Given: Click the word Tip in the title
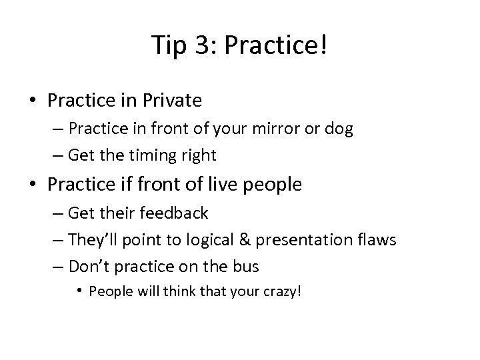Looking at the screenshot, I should point(165,45).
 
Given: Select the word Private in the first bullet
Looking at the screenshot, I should point(174,101).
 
